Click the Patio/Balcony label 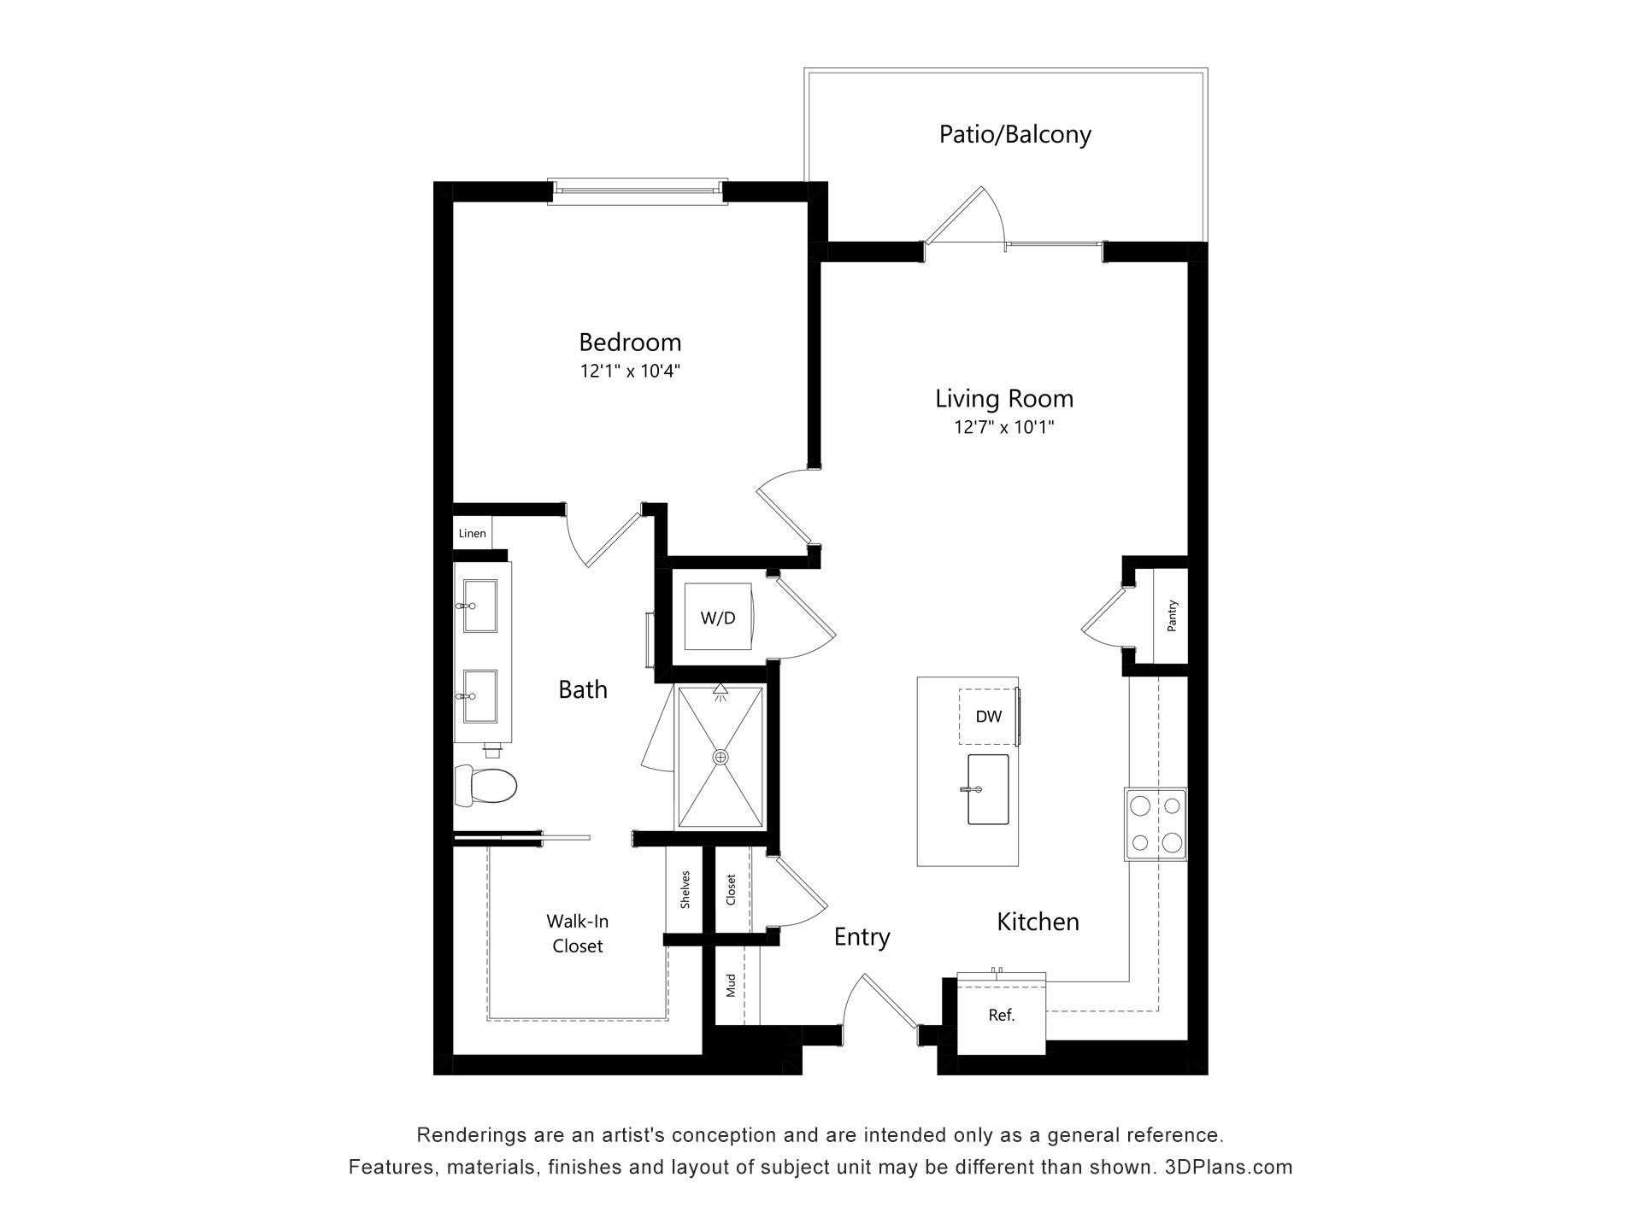[1015, 135]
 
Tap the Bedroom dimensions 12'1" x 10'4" [630, 371]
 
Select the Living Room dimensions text [1004, 427]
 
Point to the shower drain [721, 757]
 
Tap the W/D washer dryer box [718, 618]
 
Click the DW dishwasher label [989, 717]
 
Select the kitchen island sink [987, 789]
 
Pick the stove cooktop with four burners [1156, 824]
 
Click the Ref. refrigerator [1002, 1014]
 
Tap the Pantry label [1172, 616]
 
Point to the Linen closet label [472, 533]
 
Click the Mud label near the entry [731, 986]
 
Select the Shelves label [685, 889]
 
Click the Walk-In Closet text [578, 934]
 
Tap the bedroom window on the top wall [638, 191]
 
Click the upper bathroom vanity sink [479, 606]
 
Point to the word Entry [862, 938]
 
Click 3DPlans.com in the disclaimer [1228, 1167]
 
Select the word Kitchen [1038, 922]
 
